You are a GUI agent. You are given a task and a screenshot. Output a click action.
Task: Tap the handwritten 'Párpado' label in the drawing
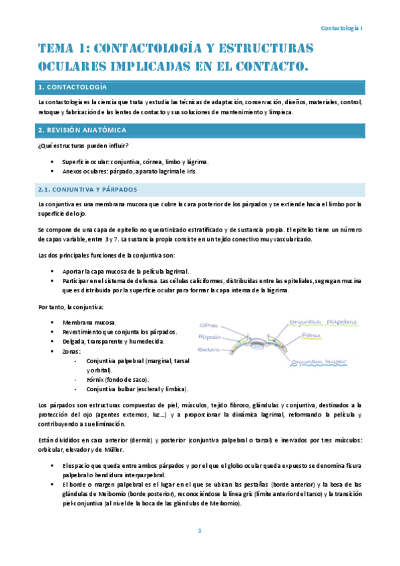click(x=209, y=337)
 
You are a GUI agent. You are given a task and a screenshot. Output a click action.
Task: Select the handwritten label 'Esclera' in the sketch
click(x=207, y=349)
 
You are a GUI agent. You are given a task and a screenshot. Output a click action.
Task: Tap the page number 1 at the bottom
click(x=199, y=531)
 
